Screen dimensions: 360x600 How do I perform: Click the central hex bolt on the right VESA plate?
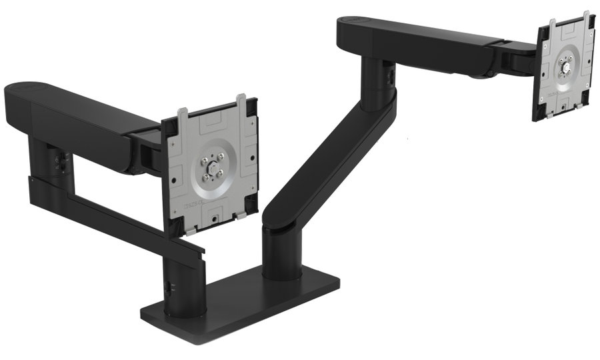[x=565, y=65]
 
